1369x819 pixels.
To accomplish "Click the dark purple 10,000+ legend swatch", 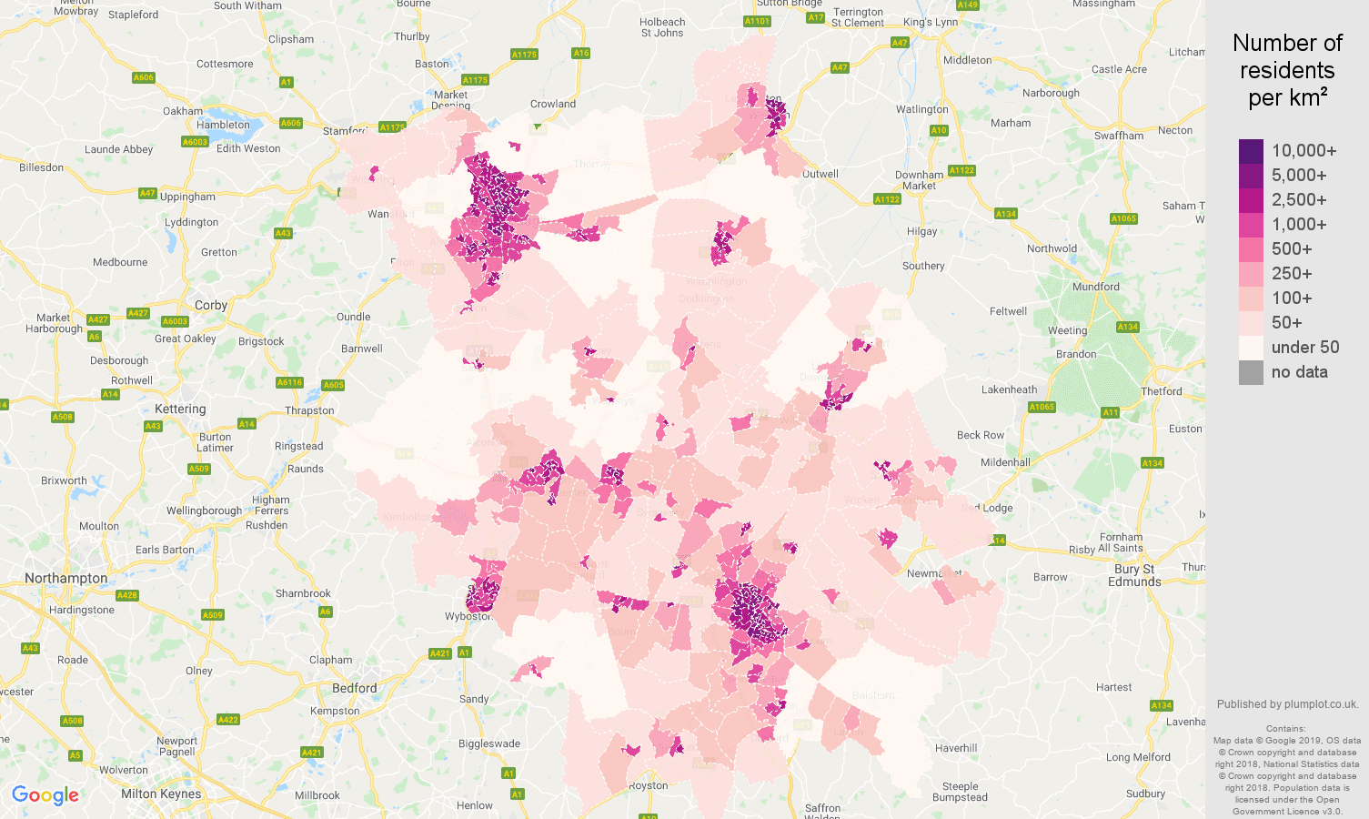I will point(1251,151).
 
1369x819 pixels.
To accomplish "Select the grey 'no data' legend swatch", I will point(1251,372).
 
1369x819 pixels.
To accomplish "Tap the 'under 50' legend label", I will point(1304,348).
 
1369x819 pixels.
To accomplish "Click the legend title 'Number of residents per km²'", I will point(1287,70).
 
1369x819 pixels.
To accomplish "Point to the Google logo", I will point(45,795).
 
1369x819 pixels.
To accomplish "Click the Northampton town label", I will point(66,579).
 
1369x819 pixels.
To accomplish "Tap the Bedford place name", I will point(355,688).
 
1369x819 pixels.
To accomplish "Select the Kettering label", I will point(180,409).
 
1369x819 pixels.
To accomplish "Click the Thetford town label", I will point(1162,391).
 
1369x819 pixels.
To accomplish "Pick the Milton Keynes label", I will point(161,794).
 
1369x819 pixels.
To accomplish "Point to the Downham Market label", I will point(919,180).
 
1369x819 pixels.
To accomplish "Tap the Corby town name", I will point(211,306).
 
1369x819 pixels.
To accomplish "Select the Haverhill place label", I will point(956,748).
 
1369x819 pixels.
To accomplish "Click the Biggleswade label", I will point(489,743).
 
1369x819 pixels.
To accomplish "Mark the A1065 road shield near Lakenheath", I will point(1042,407).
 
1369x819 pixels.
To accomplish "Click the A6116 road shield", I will point(289,383).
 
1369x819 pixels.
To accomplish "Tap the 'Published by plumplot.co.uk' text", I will point(1287,704).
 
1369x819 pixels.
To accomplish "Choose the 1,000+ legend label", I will point(1298,225).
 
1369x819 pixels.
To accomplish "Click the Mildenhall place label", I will point(1005,462).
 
